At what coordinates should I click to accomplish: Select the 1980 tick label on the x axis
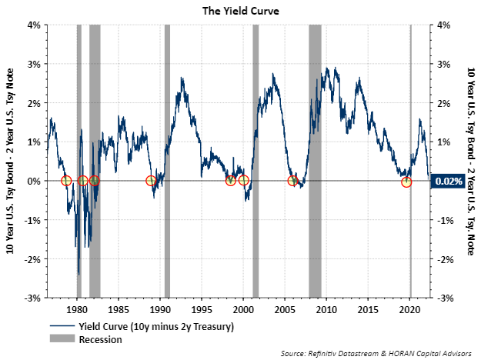(x=77, y=308)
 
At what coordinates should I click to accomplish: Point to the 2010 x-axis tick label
(x=326, y=308)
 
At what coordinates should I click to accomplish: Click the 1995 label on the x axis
(x=202, y=308)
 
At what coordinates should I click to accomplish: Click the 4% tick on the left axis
(x=34, y=25)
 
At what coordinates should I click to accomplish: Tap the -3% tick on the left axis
(x=32, y=298)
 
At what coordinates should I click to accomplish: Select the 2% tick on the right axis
(x=444, y=103)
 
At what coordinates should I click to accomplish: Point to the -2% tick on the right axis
(x=446, y=259)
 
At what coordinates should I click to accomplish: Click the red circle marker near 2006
(x=292, y=181)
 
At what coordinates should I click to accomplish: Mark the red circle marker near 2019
(x=406, y=182)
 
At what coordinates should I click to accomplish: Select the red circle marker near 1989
(x=151, y=181)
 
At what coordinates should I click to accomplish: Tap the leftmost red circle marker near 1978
(x=66, y=181)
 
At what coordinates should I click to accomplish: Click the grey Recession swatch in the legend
(x=63, y=339)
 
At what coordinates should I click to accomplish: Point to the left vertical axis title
(x=14, y=162)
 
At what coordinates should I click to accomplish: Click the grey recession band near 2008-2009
(x=315, y=115)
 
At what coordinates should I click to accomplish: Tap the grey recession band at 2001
(x=256, y=115)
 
